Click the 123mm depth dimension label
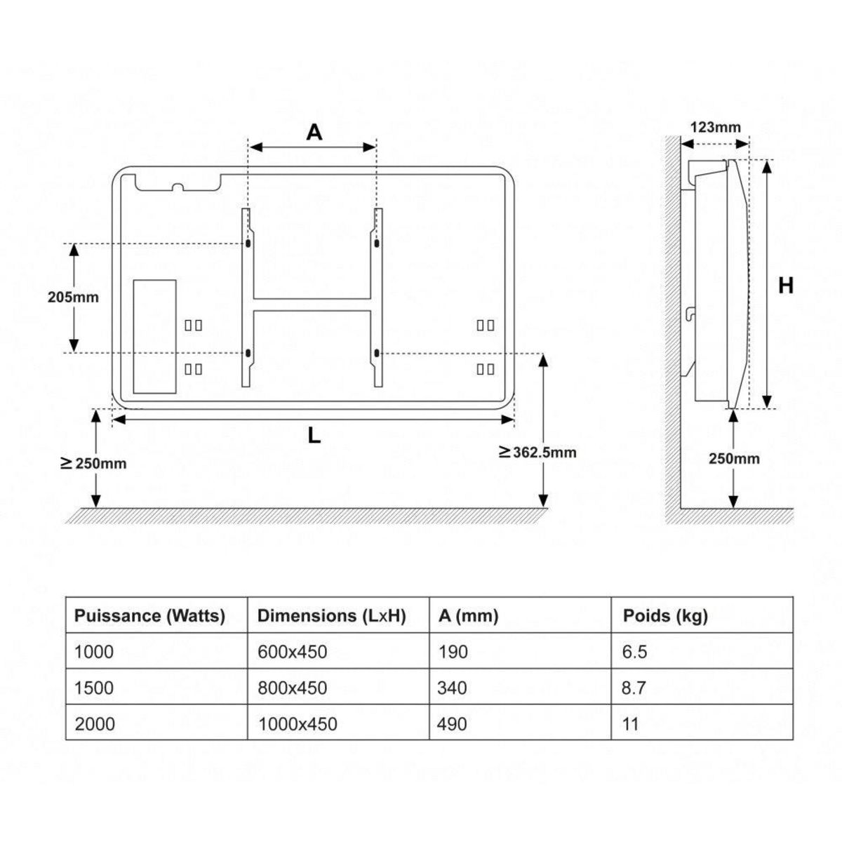[x=715, y=127]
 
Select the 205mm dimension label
[x=73, y=297]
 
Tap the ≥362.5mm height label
[x=537, y=453]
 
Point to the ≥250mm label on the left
[x=93, y=463]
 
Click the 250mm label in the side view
[x=734, y=459]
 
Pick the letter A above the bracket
[x=314, y=131]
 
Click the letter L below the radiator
[x=314, y=436]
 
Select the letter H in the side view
[x=786, y=286]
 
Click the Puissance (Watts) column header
[x=149, y=616]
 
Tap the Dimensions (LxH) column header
[x=331, y=616]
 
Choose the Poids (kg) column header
[x=665, y=616]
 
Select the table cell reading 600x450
[x=292, y=652]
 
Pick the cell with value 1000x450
[x=297, y=723]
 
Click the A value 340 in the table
[x=451, y=688]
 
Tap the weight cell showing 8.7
[x=634, y=688]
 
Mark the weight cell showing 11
[x=630, y=723]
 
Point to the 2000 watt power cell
[x=94, y=723]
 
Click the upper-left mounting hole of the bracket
[x=248, y=243]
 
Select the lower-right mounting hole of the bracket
[x=377, y=352]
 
